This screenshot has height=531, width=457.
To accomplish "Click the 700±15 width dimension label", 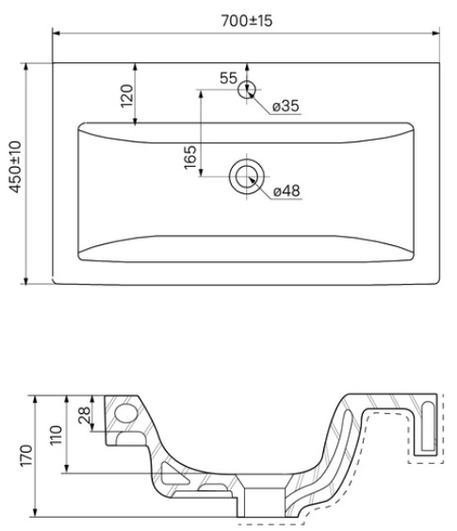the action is pos(247,21).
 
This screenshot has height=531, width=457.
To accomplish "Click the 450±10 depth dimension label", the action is pos(16,167).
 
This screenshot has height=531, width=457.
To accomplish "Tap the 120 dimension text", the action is pos(127,96).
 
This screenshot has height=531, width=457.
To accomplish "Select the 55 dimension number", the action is pos(228,78).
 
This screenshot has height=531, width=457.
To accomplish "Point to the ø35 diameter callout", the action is pos(286,106).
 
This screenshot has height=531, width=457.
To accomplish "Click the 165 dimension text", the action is pos(190,157).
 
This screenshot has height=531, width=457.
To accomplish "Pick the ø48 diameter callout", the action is pos(286,191).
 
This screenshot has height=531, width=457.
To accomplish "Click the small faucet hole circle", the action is pos(247,90).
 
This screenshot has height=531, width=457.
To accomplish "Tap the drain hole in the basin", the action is pos(247,176).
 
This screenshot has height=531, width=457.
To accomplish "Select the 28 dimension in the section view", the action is pos(85,415).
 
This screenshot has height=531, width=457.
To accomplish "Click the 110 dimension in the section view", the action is pos(57,436).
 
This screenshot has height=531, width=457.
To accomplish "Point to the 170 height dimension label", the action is pos(26,456).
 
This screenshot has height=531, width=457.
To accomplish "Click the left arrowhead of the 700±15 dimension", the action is pos(57,33).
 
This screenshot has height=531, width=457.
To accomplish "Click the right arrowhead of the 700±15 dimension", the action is pos(435,33).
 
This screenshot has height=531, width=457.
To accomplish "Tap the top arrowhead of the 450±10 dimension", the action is pos(25,67).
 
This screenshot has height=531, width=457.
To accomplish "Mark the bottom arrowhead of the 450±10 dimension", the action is pos(25,280).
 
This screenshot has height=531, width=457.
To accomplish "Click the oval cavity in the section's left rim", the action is pos(126,413).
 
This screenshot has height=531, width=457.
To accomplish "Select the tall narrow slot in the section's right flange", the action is pos(428,426).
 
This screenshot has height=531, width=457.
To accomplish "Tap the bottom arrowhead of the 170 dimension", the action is pos(35,513).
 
